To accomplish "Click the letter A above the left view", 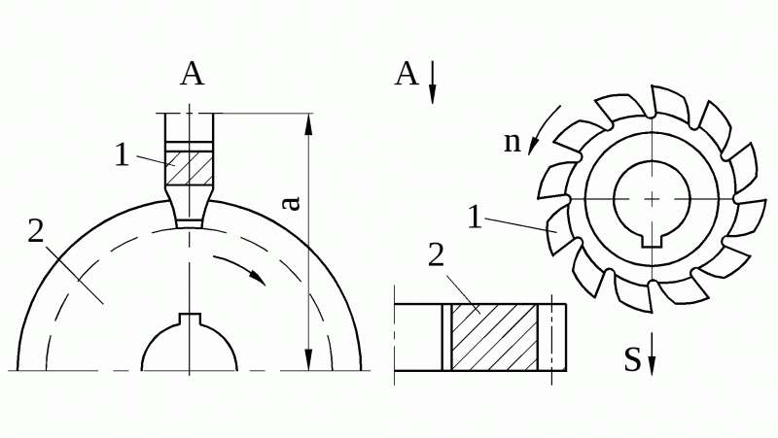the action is (192, 75).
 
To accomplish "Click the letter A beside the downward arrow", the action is (407, 75).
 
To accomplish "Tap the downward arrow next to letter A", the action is (432, 82).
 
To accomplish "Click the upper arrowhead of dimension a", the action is (308, 124).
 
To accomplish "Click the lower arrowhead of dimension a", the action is (308, 359).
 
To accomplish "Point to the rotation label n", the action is (513, 143).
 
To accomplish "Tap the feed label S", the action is (632, 359).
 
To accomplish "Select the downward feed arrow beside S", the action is (652, 354).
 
